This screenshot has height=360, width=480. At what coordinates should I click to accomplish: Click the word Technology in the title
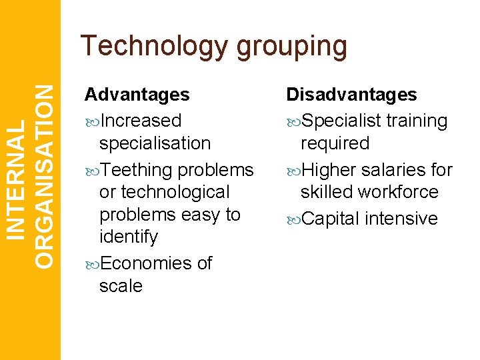[154, 47]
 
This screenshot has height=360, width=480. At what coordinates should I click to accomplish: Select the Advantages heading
[137, 95]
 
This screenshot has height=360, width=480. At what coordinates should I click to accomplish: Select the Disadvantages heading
[351, 95]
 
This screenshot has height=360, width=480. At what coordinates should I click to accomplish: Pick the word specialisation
[155, 143]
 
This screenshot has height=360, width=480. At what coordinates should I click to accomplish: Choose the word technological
[164, 192]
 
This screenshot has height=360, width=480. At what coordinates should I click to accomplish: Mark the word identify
[129, 237]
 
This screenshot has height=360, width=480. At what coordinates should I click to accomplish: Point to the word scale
[121, 286]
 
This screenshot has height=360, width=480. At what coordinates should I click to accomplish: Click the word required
[335, 143]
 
